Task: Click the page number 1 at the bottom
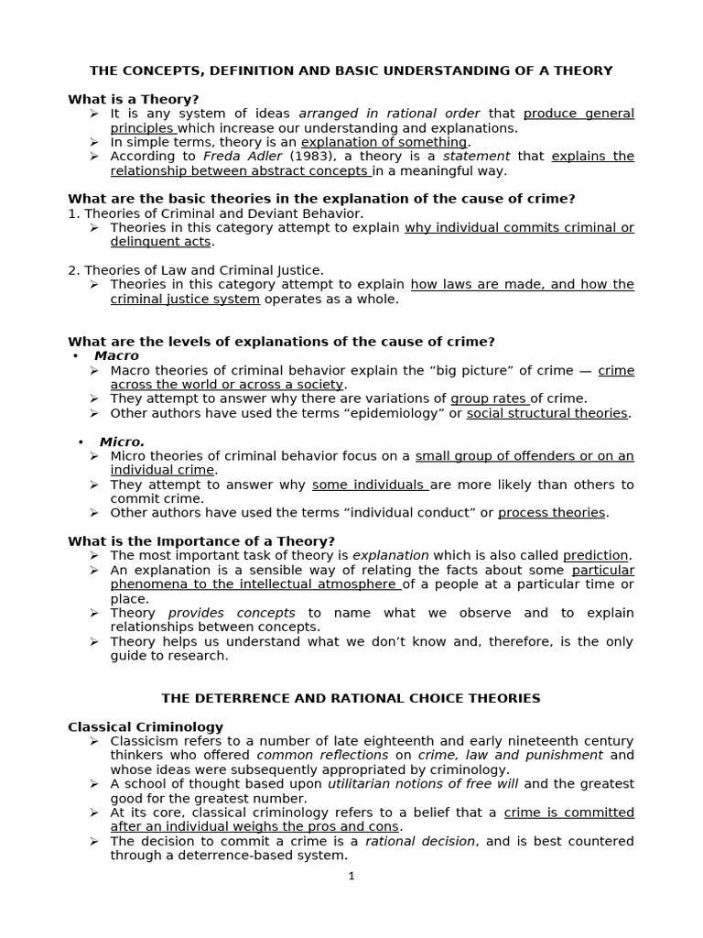click(x=351, y=876)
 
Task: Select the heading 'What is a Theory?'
click(x=134, y=99)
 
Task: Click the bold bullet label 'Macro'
click(x=116, y=355)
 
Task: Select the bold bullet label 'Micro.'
click(x=123, y=442)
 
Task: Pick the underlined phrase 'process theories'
click(x=551, y=513)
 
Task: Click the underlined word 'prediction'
click(x=595, y=555)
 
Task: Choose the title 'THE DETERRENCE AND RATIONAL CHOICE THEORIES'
click(x=351, y=698)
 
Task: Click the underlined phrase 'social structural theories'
click(x=546, y=413)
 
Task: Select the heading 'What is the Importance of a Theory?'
click(x=201, y=540)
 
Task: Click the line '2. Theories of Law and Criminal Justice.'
click(x=196, y=270)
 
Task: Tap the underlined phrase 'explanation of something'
click(x=384, y=142)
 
